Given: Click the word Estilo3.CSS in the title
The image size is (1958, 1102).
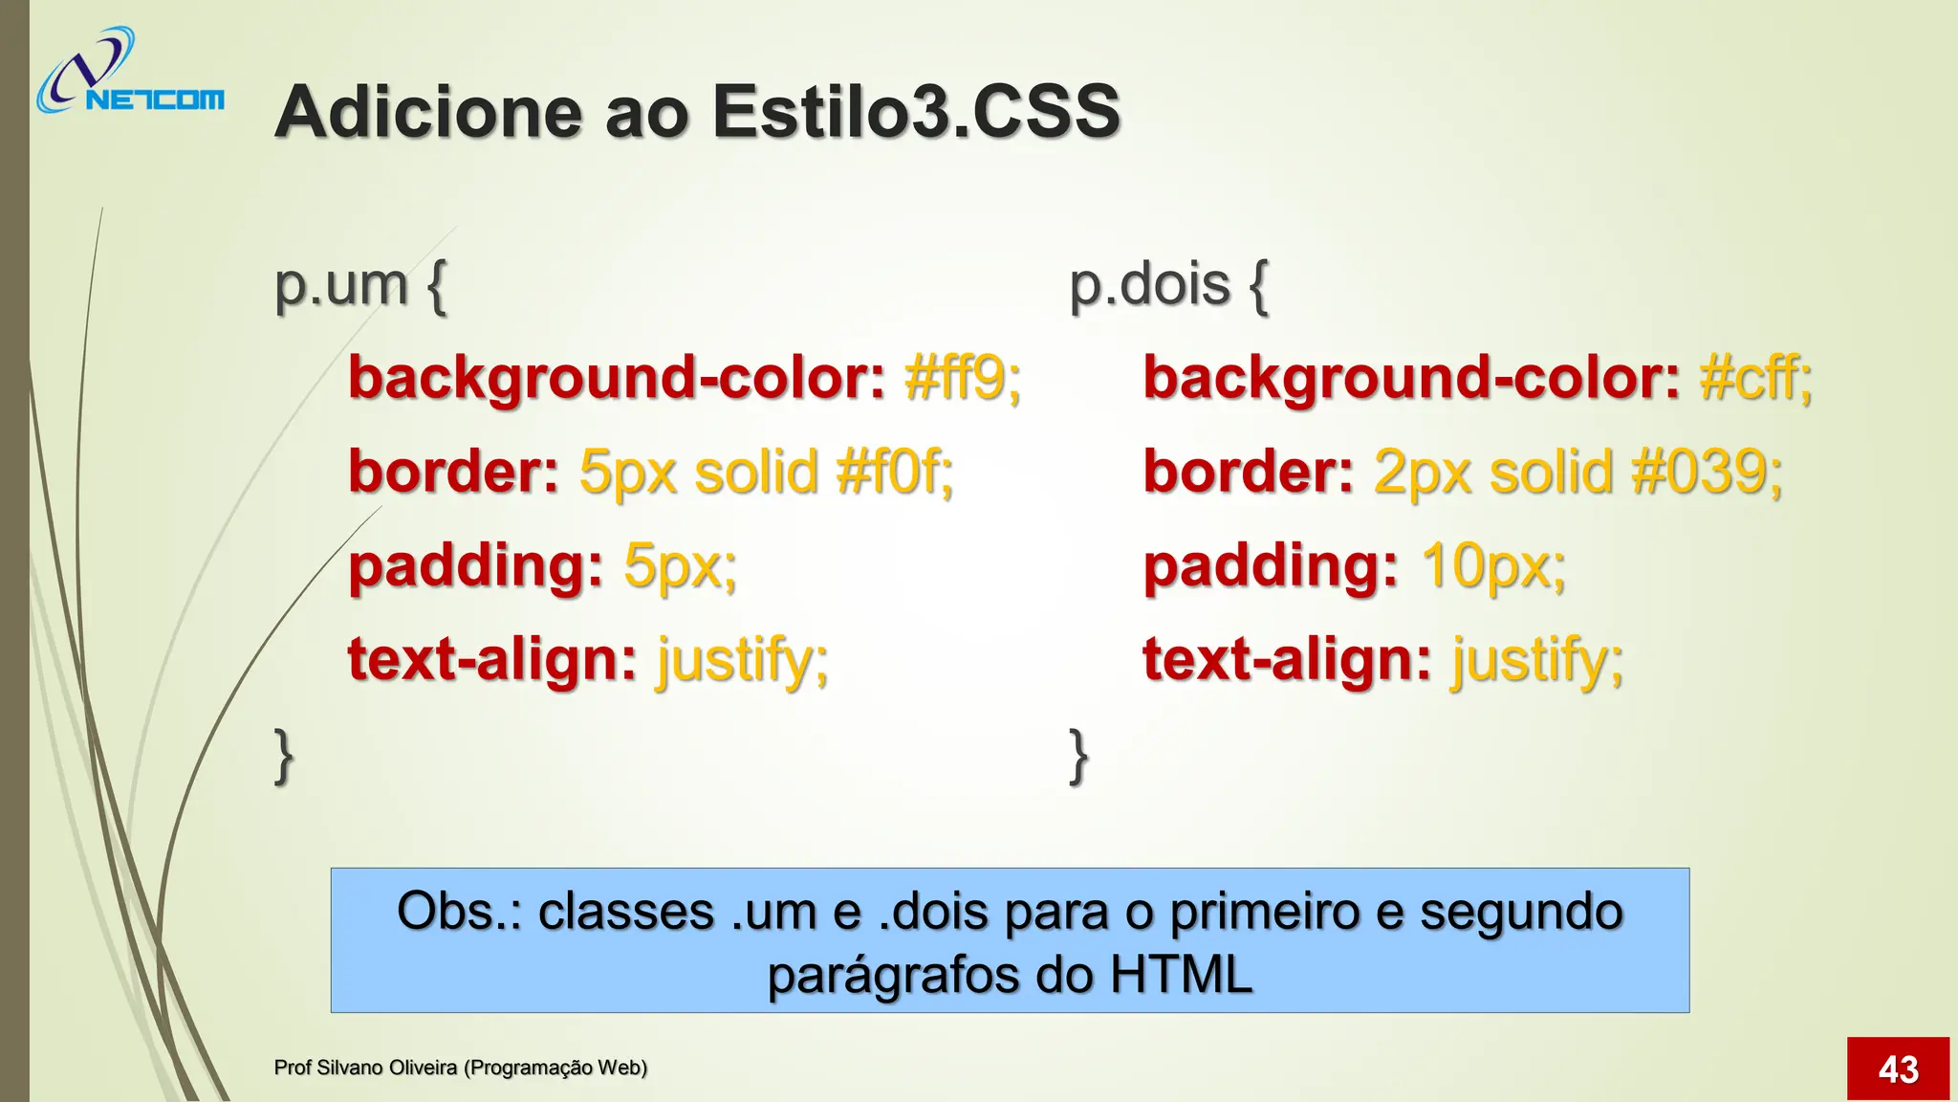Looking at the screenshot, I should tap(915, 112).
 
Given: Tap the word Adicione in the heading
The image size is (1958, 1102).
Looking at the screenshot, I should tap(427, 112).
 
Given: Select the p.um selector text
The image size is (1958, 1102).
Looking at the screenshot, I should tap(340, 284).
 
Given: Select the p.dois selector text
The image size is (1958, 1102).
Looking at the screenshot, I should tap(1149, 284).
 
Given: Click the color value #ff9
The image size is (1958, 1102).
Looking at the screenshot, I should tap(962, 377).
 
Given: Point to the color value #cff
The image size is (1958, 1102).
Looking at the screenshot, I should tap(1754, 377).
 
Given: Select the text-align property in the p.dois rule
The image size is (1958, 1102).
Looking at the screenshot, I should tap(1287, 659).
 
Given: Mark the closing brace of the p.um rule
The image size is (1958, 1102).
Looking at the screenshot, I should tap(284, 756).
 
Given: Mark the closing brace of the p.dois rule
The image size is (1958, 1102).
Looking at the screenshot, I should tap(1078, 756).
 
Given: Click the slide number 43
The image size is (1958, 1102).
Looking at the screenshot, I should tap(1898, 1069).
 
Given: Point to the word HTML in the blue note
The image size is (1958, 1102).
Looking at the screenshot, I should tap(1181, 975).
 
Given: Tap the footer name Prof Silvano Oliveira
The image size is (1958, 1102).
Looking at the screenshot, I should tap(365, 1068).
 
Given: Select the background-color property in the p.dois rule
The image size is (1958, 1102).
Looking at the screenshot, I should tap(1411, 377).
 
